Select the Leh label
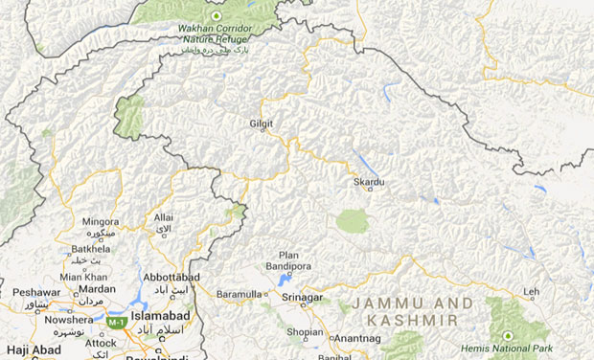532,293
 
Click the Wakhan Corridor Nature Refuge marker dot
216,16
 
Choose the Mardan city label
97,288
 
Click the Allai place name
163,218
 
